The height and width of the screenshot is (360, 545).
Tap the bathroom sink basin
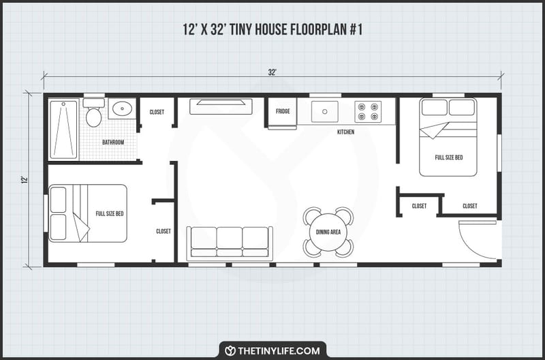122,109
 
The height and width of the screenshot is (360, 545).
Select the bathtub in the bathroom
63,129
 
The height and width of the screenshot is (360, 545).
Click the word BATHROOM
113,142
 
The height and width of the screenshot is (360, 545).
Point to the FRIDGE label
283,111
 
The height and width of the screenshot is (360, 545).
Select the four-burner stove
368,111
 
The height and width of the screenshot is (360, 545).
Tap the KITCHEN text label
345,132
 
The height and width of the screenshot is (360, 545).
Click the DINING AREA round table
328,232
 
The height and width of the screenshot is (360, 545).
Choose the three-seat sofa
230,242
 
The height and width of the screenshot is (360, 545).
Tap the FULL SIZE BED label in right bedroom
448,157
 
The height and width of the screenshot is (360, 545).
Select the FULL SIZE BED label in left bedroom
110,213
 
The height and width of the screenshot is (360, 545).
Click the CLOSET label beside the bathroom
157,112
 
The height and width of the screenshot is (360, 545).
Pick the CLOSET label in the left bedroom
163,231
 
